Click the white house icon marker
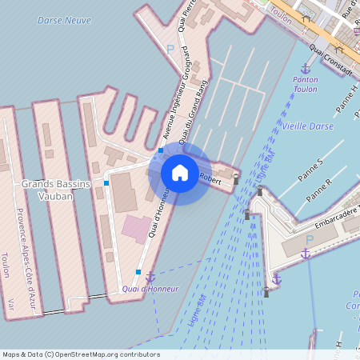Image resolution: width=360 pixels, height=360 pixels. coord(180,173)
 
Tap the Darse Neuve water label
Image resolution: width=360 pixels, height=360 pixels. coord(64,20)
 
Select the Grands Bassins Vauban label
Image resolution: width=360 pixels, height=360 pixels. coord(53,190)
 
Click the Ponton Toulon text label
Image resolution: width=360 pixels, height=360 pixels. coord(305,84)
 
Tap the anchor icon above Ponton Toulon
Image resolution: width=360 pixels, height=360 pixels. coord(305,69)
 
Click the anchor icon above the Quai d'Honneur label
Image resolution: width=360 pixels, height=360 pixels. coord(150,277)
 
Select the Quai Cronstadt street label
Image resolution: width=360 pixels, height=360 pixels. coord(330,61)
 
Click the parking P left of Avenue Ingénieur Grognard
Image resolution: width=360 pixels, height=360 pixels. coord(170,49)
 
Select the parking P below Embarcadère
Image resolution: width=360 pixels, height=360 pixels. coord(309,239)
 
